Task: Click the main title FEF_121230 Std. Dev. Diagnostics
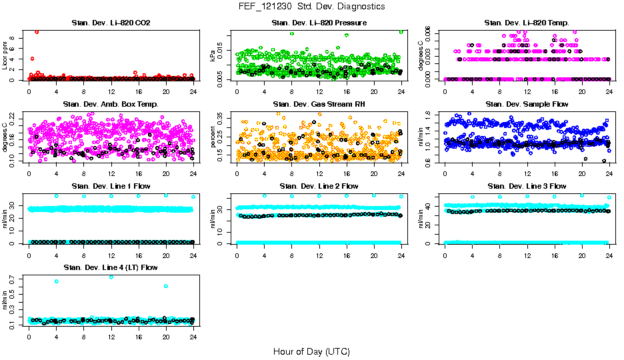click(x=311, y=7)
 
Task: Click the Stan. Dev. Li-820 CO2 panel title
click(x=111, y=23)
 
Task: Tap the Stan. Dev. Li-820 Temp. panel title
click(x=527, y=23)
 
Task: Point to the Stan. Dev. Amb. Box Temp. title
click(x=111, y=105)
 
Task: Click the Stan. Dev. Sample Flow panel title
click(x=527, y=105)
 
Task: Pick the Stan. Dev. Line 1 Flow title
click(x=111, y=186)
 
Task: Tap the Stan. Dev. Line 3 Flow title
click(x=527, y=186)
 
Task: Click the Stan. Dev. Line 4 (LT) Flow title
click(x=111, y=267)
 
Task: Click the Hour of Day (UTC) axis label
click(x=311, y=351)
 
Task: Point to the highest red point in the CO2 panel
click(x=37, y=32)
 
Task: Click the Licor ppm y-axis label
click(x=5, y=55)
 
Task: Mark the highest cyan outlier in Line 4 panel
click(x=111, y=277)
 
